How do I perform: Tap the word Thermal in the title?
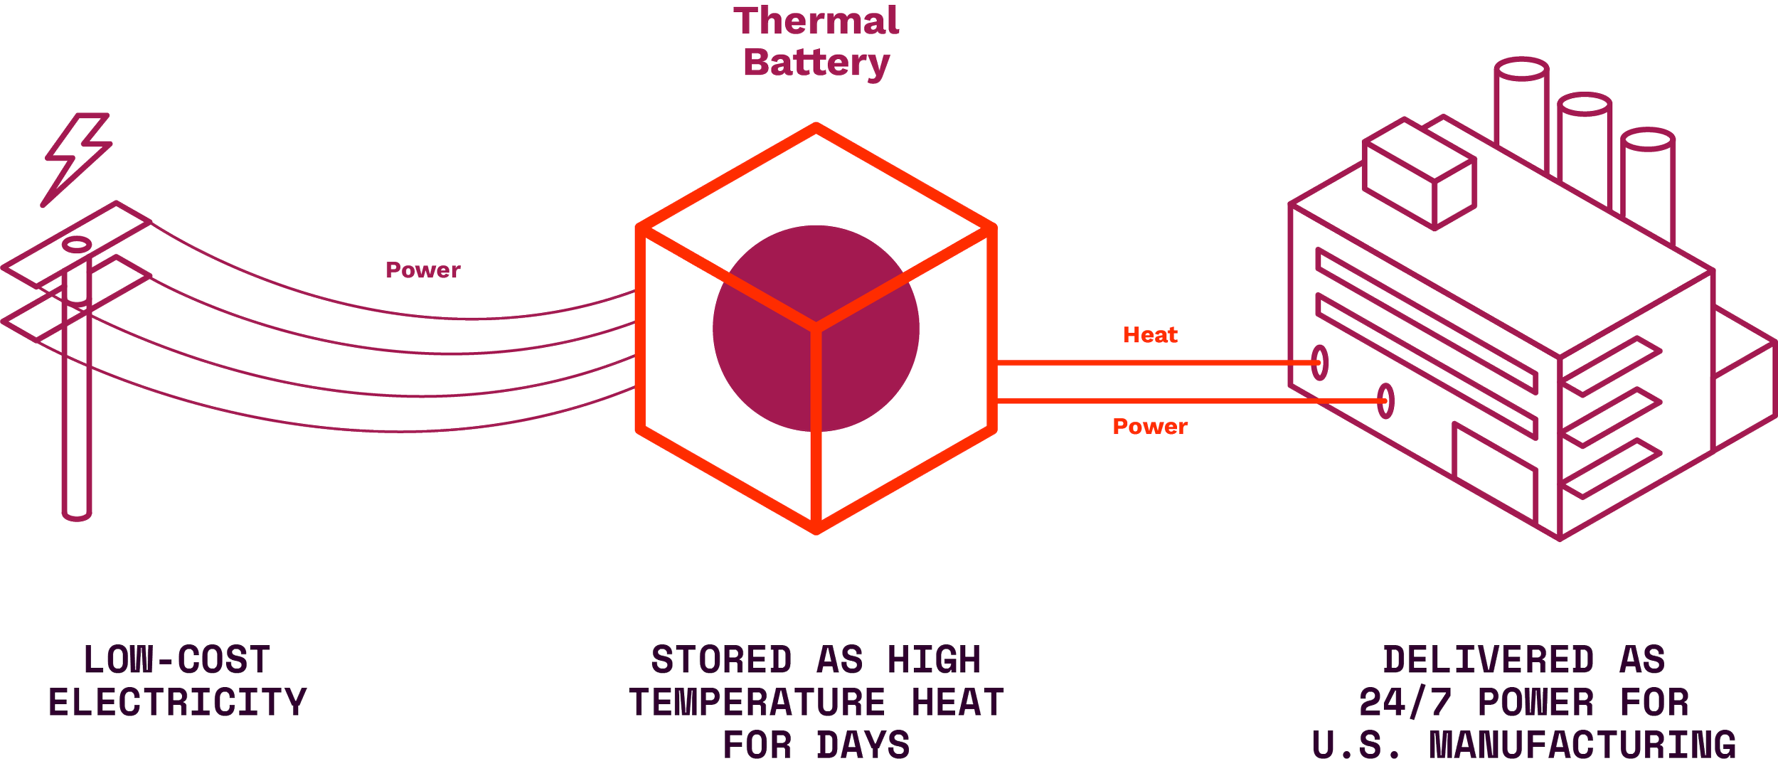click(816, 21)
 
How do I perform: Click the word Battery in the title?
click(816, 63)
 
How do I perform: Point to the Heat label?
click(1149, 335)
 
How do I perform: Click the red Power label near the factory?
click(1150, 426)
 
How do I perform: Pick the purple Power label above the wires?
click(423, 270)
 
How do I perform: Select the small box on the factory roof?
click(1419, 174)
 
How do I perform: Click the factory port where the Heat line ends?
click(1319, 363)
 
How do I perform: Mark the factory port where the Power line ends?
click(1385, 401)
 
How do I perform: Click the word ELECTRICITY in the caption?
click(178, 703)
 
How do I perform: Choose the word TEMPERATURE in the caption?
click(757, 703)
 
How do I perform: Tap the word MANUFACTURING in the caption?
click(1583, 745)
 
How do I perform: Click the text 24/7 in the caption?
click(1405, 703)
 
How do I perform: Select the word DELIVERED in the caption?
click(1488, 660)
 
